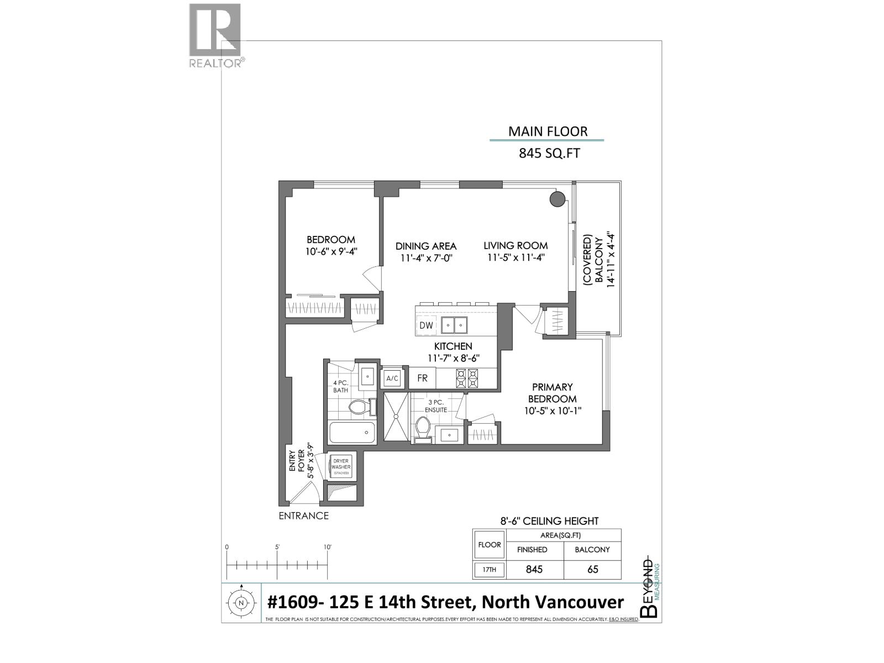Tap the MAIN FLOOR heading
tap(548, 131)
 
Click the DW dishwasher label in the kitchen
tap(426, 325)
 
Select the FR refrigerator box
tap(422, 379)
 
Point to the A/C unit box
tap(392, 378)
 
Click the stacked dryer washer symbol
tap(341, 467)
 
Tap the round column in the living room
tap(557, 199)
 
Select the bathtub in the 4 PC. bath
tap(352, 433)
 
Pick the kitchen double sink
tap(454, 325)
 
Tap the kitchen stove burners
tap(466, 378)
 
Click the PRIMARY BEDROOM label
tap(552, 393)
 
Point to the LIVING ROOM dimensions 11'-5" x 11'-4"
tap(516, 258)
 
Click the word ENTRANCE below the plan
tap(303, 516)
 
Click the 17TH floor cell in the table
tap(489, 570)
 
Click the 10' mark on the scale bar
tap(327, 548)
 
